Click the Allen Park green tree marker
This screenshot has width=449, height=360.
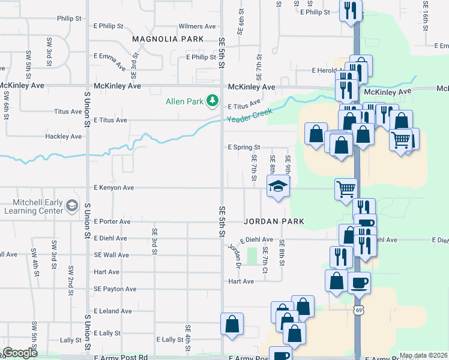click(x=212, y=101)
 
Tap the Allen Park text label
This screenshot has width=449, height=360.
click(x=185, y=101)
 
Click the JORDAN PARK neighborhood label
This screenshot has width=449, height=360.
click(x=274, y=221)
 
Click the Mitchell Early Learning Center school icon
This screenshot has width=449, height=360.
click(x=72, y=206)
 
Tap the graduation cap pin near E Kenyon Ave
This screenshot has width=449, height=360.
click(x=279, y=187)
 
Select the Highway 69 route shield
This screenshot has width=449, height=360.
click(x=359, y=310)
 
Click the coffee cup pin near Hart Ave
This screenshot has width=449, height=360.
click(x=359, y=282)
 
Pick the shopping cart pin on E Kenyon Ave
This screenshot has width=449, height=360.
click(x=346, y=188)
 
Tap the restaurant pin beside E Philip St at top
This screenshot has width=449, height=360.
click(x=351, y=11)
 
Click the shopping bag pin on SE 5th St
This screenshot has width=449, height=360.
click(x=232, y=325)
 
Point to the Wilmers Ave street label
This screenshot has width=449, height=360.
click(x=197, y=26)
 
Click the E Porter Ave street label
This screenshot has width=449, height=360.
click(x=112, y=221)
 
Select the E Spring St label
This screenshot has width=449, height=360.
click(x=244, y=147)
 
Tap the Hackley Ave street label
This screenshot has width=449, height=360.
click(x=63, y=137)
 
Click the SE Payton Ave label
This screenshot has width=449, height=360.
click(x=115, y=289)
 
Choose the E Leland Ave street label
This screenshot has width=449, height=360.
click(x=112, y=311)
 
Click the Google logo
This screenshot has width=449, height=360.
click(x=20, y=353)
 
